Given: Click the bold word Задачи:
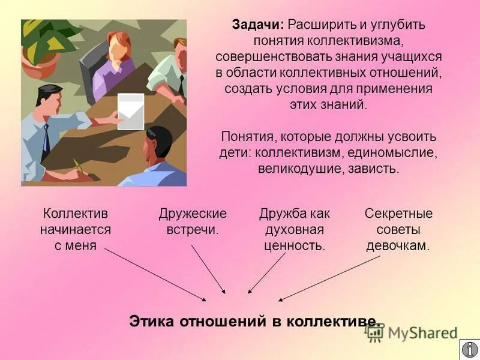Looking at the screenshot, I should pyautogui.click(x=258, y=26).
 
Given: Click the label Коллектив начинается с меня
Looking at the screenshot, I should pyautogui.click(x=76, y=229).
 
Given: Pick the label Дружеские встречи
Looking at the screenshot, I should pyautogui.click(x=193, y=221).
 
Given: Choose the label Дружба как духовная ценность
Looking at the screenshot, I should pyautogui.click(x=295, y=229).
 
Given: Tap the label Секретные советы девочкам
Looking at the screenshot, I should pyautogui.click(x=398, y=229).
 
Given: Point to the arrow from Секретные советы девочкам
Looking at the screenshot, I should pyautogui.click(x=329, y=277).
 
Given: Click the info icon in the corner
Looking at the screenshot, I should pyautogui.click(x=470, y=349).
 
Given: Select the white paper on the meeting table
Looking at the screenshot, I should pyautogui.click(x=130, y=110).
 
